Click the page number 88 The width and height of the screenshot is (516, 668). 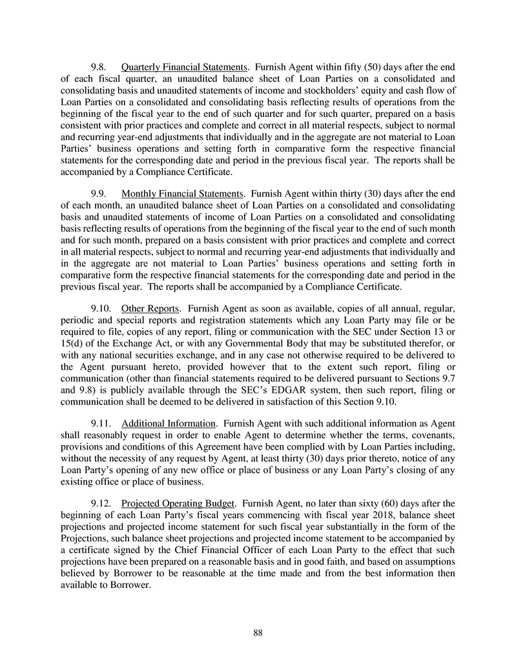(258, 632)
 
